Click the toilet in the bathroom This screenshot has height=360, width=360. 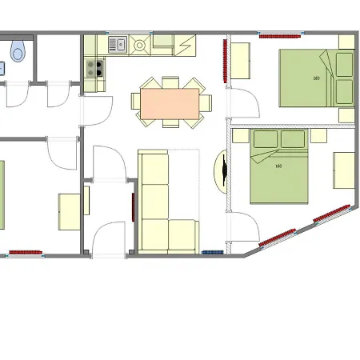pyautogui.click(x=18, y=51)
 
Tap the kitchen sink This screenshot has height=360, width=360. pyautogui.click(x=118, y=45)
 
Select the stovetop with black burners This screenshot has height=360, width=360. pyautogui.click(x=94, y=68)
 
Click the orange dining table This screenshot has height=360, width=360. pyautogui.click(x=170, y=104)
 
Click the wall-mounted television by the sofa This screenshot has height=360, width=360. pyautogui.click(x=225, y=170)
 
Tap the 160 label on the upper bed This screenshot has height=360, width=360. pyautogui.click(x=316, y=78)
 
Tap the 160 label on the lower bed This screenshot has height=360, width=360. pyautogui.click(x=278, y=166)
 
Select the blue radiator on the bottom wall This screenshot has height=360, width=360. pyautogui.click(x=213, y=252)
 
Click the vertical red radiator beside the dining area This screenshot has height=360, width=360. pyautogui.click(x=225, y=61)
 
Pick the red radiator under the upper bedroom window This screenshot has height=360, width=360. pyautogui.click(x=280, y=36)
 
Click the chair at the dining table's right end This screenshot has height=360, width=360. pyautogui.click(x=206, y=103)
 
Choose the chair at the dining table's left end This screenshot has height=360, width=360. pyautogui.click(x=136, y=101)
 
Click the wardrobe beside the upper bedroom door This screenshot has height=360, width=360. pyautogui.click(x=240, y=61)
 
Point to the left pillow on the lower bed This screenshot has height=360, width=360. pyautogui.click(x=266, y=139)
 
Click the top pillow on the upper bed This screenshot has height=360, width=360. pyautogui.click(x=345, y=65)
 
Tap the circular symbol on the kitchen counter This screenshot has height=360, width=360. pyautogui.click(x=139, y=46)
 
